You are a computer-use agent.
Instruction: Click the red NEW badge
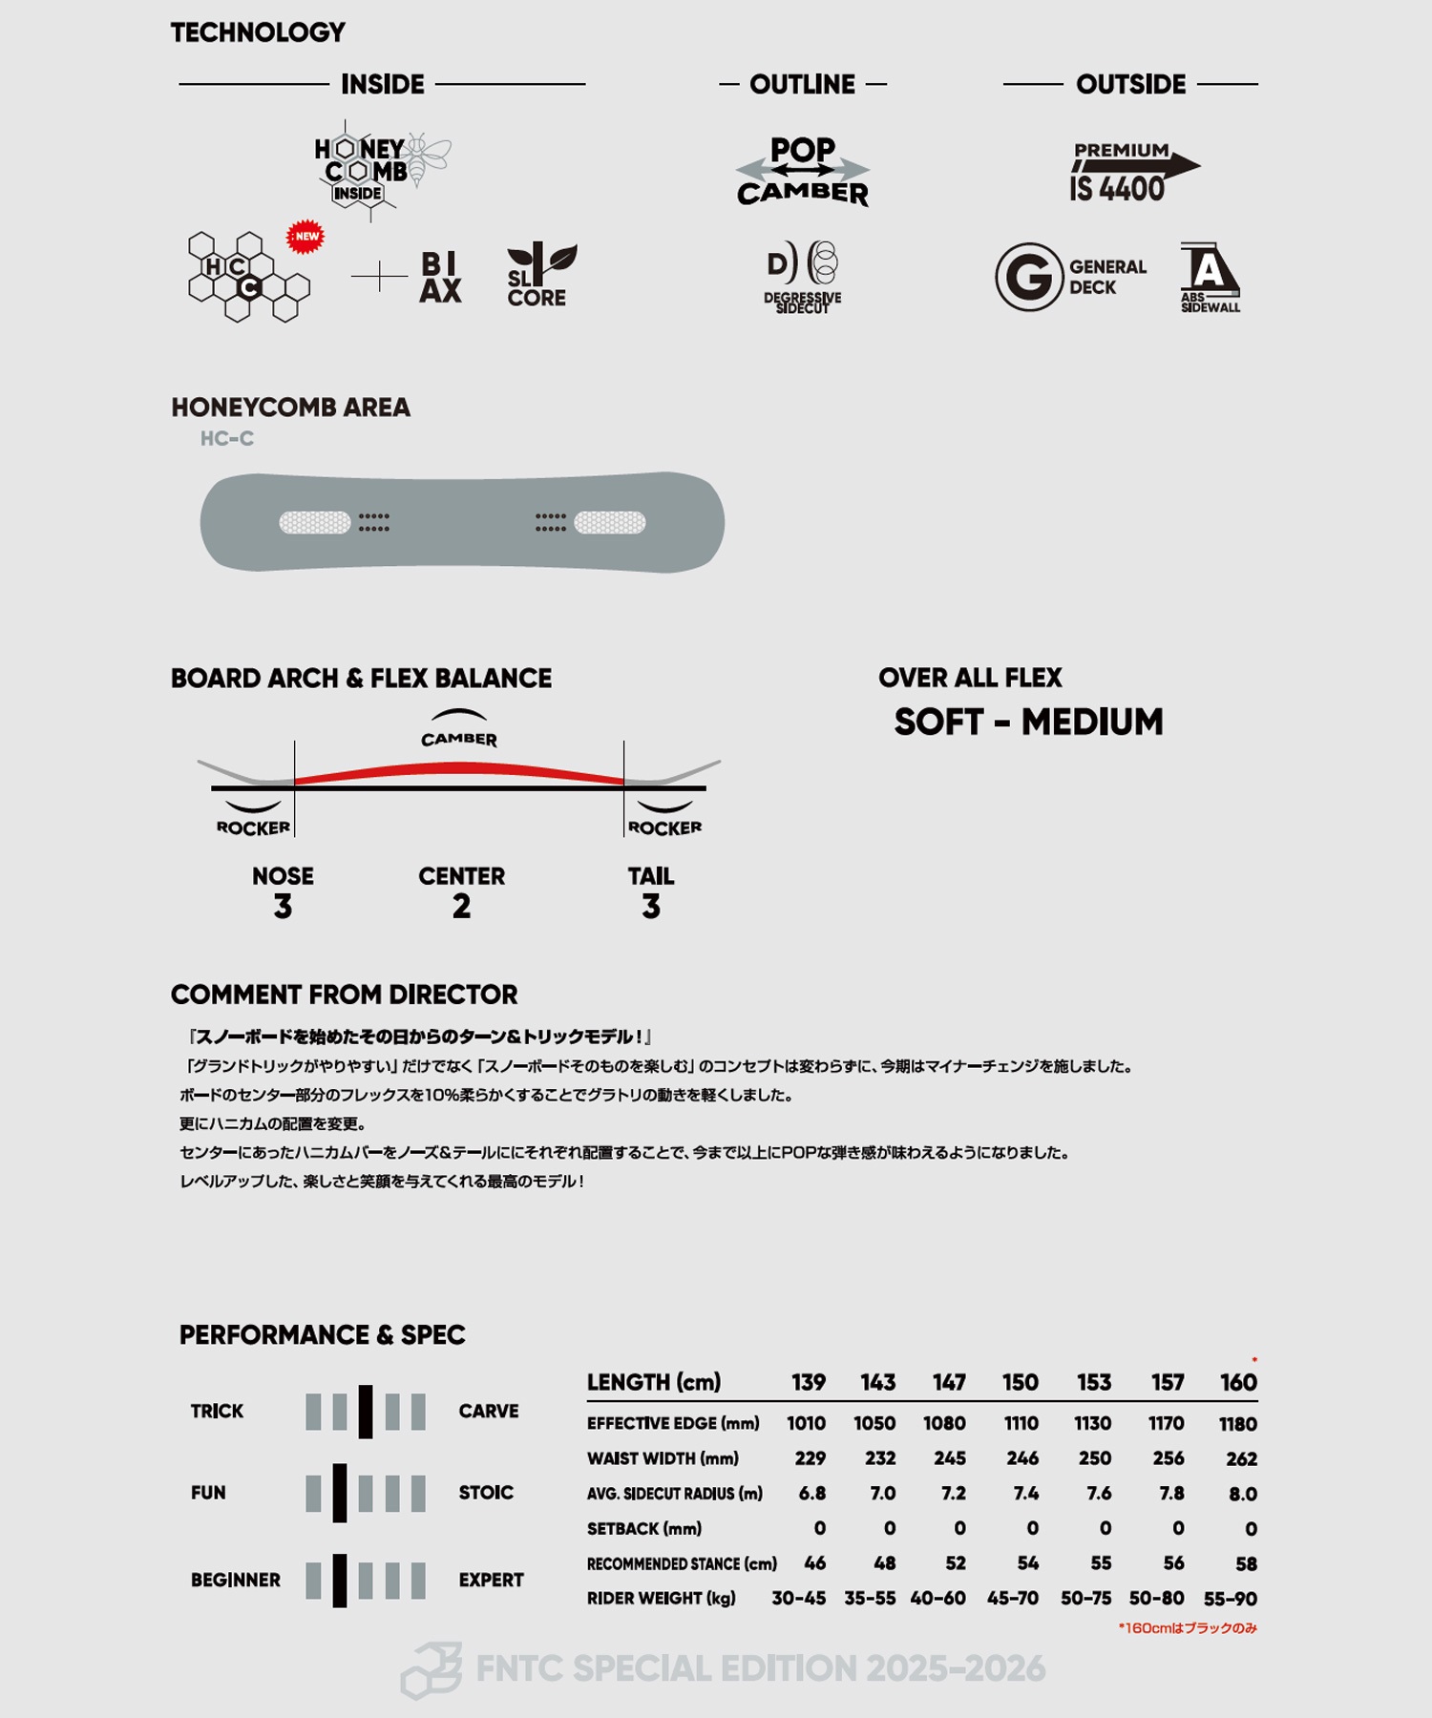click(305, 237)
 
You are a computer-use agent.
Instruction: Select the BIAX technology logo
click(440, 277)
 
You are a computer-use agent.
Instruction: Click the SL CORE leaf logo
click(539, 275)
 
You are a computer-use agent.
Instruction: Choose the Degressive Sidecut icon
click(803, 276)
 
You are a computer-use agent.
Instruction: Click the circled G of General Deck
click(1028, 277)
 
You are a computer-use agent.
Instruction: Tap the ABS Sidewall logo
click(1210, 277)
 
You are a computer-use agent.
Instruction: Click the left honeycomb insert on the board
click(315, 522)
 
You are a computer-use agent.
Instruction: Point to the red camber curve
click(459, 769)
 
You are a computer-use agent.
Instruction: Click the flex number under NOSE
click(283, 907)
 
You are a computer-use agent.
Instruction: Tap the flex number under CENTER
click(461, 907)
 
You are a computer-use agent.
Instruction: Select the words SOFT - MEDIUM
click(1028, 723)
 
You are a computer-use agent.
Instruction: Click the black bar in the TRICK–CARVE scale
click(366, 1412)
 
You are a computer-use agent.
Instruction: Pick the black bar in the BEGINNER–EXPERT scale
click(340, 1581)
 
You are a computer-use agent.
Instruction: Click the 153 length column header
click(1094, 1382)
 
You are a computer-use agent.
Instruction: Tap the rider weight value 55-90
click(1230, 1599)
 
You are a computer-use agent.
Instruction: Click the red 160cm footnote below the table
click(1188, 1628)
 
